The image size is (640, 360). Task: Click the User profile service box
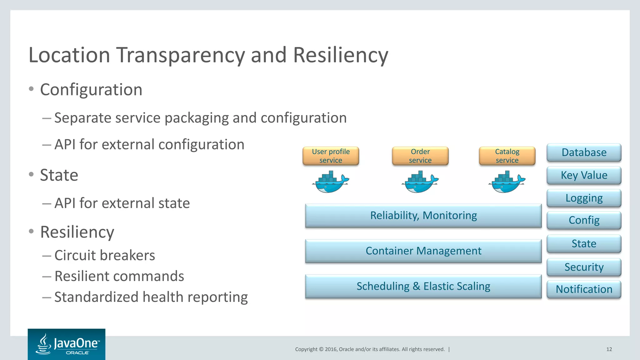coord(331,156)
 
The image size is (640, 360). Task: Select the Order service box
coord(420,156)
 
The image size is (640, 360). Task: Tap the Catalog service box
coord(507,156)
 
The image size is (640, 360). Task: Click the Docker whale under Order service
coord(420,182)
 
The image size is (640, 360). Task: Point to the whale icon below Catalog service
coord(507,182)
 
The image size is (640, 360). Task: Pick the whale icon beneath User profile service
coord(331,182)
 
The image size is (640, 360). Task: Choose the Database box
coord(584,152)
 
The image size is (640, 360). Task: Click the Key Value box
coord(584,175)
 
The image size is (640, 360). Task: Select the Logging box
coord(584,198)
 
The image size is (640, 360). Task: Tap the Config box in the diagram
coord(584,220)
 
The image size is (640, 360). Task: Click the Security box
coord(584,267)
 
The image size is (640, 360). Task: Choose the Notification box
coord(584,289)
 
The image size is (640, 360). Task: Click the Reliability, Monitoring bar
coord(423,216)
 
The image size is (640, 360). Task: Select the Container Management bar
coord(423,251)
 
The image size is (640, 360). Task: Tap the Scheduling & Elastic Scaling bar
coord(423,286)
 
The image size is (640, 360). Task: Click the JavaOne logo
coord(67,344)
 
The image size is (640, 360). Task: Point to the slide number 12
coord(609,349)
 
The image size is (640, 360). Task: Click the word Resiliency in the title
coord(341,55)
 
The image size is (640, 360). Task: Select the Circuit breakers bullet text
coord(105,255)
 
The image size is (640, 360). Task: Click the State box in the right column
coord(584,244)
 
